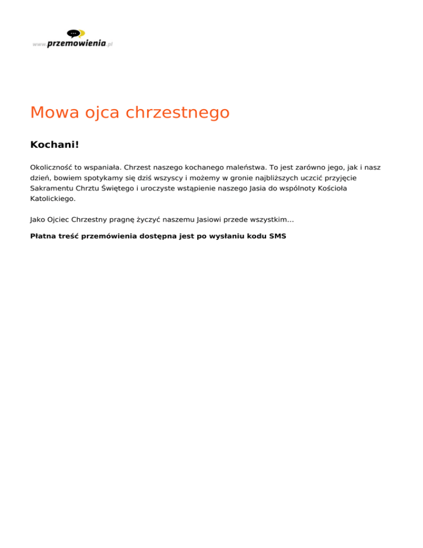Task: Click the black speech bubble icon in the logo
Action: pos(73,34)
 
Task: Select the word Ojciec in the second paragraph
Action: pos(59,220)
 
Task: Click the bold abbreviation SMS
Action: pos(278,236)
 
